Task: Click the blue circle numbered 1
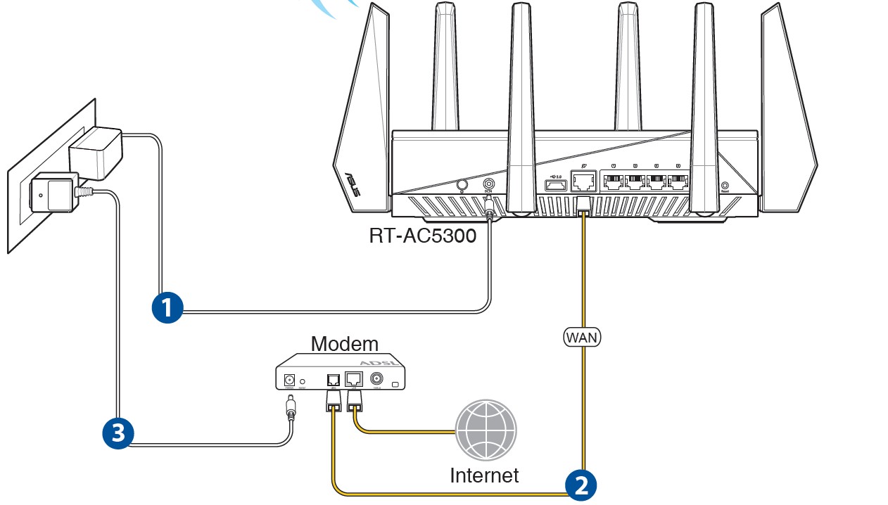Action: click(x=167, y=307)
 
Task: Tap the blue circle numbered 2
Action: click(x=581, y=485)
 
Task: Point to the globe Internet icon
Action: click(x=486, y=430)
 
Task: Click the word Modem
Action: click(x=344, y=344)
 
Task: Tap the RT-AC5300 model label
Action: click(x=422, y=235)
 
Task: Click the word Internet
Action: click(x=484, y=475)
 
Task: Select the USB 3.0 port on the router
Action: click(x=553, y=185)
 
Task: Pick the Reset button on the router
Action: click(x=725, y=186)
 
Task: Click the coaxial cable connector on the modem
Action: click(x=376, y=378)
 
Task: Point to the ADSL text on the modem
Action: click(x=374, y=362)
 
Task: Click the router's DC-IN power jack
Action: click(x=488, y=185)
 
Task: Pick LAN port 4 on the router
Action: click(x=677, y=183)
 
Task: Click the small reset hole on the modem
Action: click(x=303, y=381)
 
